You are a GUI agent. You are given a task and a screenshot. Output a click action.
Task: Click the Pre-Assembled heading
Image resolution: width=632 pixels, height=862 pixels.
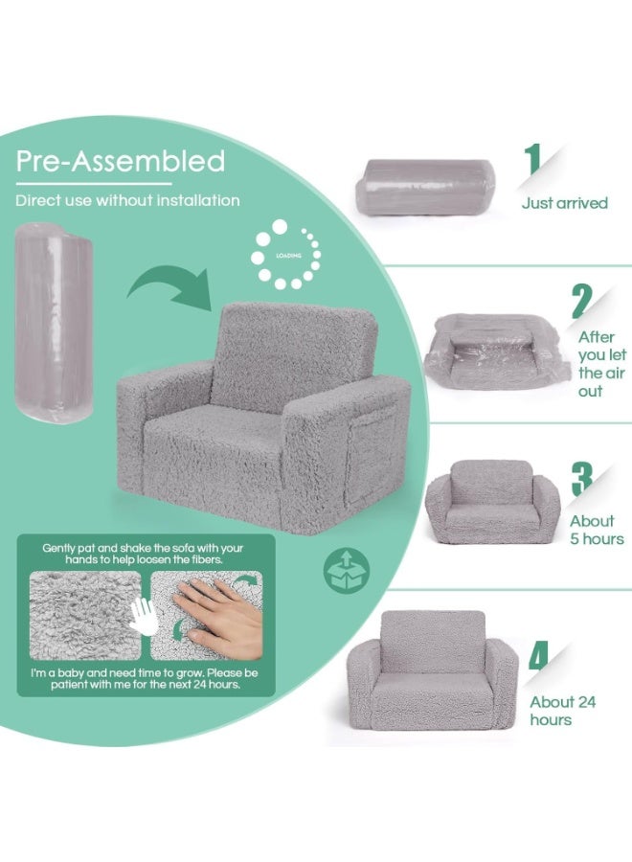click(121, 161)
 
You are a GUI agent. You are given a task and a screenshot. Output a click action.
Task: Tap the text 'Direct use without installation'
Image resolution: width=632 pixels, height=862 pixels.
click(127, 201)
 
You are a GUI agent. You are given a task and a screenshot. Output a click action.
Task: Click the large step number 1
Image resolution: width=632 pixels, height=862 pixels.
click(532, 160)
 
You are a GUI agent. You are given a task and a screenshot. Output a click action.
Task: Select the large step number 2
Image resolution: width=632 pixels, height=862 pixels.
click(582, 302)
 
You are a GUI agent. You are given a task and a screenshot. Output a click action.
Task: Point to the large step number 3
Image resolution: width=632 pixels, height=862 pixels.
click(582, 478)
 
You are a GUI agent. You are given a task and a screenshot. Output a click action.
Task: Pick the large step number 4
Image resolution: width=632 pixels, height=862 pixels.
click(539, 655)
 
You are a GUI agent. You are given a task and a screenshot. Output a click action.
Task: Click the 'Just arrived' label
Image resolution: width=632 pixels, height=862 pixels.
click(564, 203)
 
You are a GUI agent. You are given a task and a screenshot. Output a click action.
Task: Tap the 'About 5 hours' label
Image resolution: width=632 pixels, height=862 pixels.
click(597, 530)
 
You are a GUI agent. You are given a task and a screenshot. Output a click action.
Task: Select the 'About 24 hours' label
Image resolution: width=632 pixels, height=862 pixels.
click(562, 711)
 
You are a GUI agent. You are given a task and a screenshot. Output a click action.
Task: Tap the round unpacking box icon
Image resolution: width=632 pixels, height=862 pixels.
click(347, 570)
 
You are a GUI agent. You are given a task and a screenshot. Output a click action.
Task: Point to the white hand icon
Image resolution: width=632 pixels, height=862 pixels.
click(144, 616)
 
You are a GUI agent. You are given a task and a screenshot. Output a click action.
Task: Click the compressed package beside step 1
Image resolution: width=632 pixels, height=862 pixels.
click(425, 188)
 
